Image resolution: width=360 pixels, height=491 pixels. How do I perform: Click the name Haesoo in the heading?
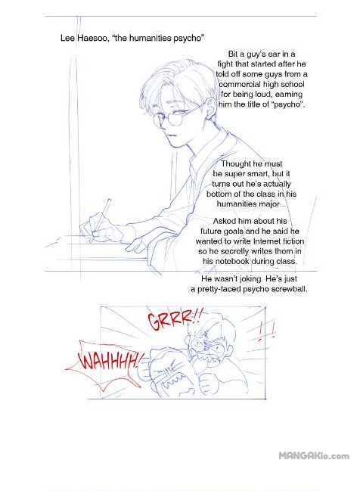click(92, 38)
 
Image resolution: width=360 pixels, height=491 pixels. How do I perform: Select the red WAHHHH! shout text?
click(109, 361)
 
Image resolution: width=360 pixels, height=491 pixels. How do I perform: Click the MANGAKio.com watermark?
click(314, 455)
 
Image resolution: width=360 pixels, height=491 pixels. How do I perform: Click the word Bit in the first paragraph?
click(234, 54)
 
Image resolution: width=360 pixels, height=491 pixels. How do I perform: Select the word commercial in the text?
click(240, 84)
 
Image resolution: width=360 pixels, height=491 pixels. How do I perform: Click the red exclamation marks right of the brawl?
click(267, 332)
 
